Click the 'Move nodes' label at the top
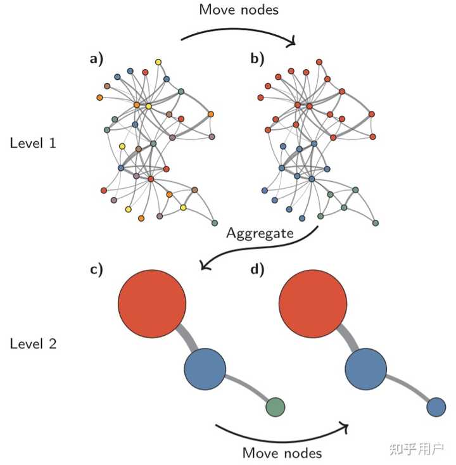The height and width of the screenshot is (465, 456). pos(238,10)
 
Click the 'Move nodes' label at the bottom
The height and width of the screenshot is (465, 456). pos(282,452)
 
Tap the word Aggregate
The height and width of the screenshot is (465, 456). pos(260,233)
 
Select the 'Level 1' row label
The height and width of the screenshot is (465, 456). pos(33,143)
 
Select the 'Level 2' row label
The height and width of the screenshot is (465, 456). pos(33,344)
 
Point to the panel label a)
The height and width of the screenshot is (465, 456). pos(96,60)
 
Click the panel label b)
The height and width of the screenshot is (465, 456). pos(257,60)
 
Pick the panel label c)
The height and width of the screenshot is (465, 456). pos(96,268)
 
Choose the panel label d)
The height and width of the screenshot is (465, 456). pos(257,268)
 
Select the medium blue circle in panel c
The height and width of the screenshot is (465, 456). pos(205,369)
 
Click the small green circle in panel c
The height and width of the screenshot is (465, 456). pos(275,406)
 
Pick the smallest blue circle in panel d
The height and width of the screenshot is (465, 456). pos(436,406)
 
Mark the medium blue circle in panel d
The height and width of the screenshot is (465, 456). pos(366,369)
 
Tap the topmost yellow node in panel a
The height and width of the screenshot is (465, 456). pos(158,61)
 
